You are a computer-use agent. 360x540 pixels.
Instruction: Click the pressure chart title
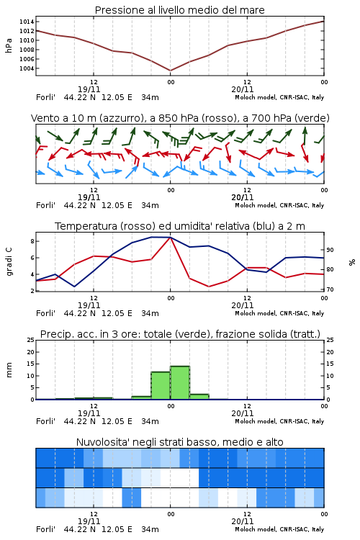pos(179,10)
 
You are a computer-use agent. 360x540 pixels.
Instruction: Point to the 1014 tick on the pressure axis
pos(27,22)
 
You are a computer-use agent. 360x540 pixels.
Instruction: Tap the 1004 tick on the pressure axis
pos(27,68)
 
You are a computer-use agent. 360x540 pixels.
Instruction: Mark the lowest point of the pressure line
pos(170,71)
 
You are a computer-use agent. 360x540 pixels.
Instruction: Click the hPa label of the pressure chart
pos(9,45)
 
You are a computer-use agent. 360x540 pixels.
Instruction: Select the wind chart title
pos(180,118)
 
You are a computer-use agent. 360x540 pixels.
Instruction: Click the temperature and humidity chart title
pos(180,226)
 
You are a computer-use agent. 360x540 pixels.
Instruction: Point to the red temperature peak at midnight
pos(170,238)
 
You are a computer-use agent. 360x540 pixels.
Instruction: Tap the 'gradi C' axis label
pos(9,261)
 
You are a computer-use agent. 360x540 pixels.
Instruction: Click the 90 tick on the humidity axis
pos(330,250)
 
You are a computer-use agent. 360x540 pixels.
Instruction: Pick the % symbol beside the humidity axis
pos(352,262)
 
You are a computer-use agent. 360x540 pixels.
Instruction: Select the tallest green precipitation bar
pos(180,382)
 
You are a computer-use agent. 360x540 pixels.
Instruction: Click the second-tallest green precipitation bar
pos(161,385)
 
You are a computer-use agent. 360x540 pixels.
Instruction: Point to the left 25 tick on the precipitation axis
pos(31,341)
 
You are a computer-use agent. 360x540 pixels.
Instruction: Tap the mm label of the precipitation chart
pos(9,370)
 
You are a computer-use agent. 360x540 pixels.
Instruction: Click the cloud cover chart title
pos(179,442)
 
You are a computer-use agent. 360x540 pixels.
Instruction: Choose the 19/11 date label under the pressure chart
pos(89,89)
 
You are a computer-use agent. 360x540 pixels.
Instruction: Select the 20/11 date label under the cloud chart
pos(243,521)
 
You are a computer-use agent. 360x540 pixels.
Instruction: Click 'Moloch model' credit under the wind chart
pos(256,205)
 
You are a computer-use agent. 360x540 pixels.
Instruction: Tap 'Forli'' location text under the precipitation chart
pos(45,421)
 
